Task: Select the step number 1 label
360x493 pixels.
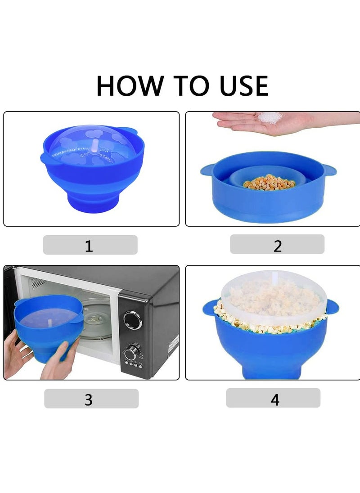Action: click(x=89, y=246)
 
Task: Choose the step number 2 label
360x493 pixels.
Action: click(x=277, y=245)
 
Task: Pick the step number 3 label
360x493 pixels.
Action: click(x=89, y=399)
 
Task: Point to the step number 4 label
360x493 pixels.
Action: click(x=274, y=399)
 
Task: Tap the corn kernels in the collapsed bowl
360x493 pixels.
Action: click(x=269, y=182)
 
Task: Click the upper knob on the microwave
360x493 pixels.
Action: click(x=132, y=320)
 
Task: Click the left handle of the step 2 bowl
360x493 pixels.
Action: click(x=207, y=170)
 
